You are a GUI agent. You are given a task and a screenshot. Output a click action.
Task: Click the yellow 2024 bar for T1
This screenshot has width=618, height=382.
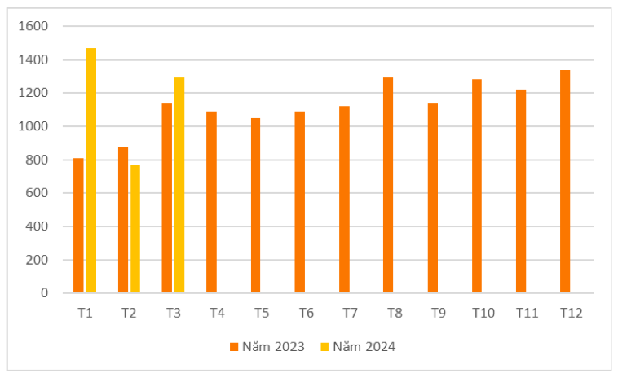(x=91, y=170)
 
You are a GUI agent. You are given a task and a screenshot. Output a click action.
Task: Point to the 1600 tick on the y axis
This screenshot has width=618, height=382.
(x=33, y=26)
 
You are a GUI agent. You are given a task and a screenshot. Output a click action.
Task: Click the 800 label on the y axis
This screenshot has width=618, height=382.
(x=37, y=160)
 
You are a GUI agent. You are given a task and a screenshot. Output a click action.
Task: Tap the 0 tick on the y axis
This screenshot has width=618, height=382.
(x=45, y=293)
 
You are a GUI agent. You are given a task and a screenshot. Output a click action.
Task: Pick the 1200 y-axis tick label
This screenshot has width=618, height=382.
(x=33, y=93)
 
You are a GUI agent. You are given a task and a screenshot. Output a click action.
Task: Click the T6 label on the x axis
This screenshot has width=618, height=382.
(x=306, y=313)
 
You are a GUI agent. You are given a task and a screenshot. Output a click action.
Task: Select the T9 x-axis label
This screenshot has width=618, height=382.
(x=439, y=313)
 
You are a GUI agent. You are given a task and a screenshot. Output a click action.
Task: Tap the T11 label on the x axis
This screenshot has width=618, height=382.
(x=527, y=313)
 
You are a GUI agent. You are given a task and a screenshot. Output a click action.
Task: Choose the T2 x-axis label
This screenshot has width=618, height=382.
(x=129, y=313)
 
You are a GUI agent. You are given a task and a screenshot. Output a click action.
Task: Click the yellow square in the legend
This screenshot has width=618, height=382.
(x=325, y=347)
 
